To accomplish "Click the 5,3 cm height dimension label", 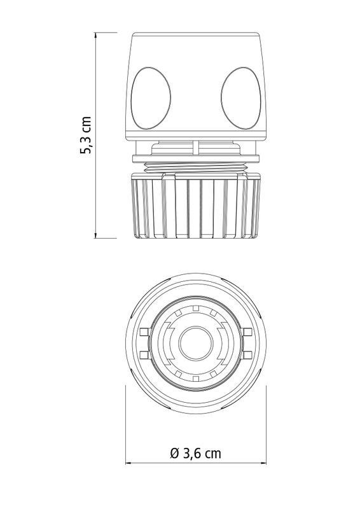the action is click(86, 134).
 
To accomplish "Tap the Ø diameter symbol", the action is click(175, 453).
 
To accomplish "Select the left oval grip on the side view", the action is click(151, 99).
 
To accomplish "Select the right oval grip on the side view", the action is click(241, 99).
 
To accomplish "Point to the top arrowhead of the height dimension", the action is click(95, 36).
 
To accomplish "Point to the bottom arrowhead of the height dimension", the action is click(95, 235).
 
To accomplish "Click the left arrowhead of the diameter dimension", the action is click(128, 463).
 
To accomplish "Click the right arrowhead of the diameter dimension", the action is click(263, 463).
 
